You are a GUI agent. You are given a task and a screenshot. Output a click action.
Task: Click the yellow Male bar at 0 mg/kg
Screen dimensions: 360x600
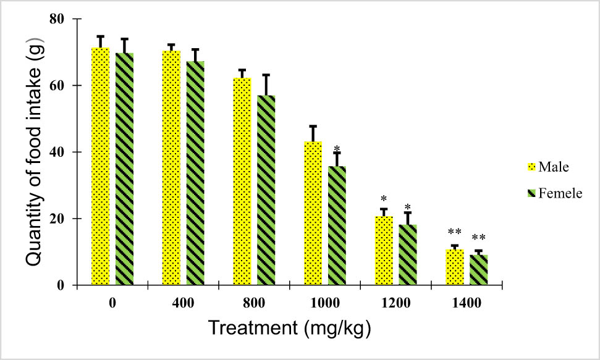pyautogui.click(x=100, y=167)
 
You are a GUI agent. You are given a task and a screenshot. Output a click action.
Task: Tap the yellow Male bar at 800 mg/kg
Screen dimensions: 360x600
pyautogui.click(x=242, y=182)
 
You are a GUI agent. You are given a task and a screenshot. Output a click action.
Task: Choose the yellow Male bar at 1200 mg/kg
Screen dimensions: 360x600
pyautogui.click(x=384, y=251)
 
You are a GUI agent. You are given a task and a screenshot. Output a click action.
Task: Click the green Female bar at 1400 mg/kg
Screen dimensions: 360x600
pyautogui.click(x=478, y=270)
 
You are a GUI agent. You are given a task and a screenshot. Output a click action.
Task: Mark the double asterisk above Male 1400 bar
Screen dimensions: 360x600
pyautogui.click(x=455, y=233)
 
